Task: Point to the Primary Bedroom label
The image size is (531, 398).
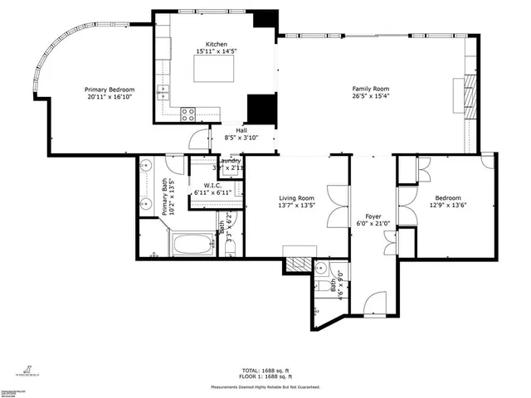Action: pyautogui.click(x=110, y=89)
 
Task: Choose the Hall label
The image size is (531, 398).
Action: pyautogui.click(x=241, y=130)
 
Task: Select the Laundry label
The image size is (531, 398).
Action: pyautogui.click(x=230, y=160)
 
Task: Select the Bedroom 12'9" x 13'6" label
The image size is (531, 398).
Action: pyautogui.click(x=447, y=202)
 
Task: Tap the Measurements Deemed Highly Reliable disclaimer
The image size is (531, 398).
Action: pyautogui.click(x=265, y=386)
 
